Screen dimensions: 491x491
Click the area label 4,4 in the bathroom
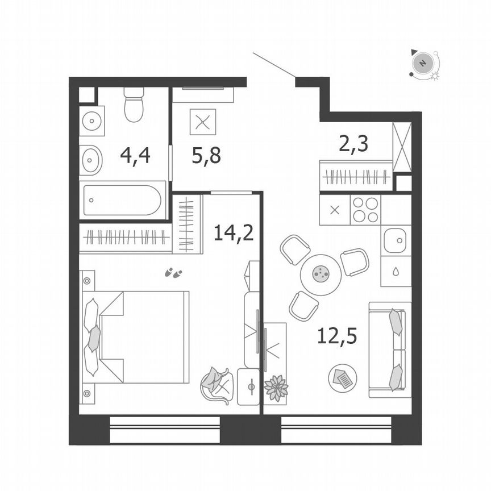tap(135, 155)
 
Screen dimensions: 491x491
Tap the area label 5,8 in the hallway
tap(206, 155)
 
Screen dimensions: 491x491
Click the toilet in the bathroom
tap(134, 105)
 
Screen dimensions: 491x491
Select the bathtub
tap(122, 200)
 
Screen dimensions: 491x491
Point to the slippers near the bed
tap(173, 273)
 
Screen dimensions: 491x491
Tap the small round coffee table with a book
tap(343, 377)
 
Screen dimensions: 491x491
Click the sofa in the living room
tap(390, 349)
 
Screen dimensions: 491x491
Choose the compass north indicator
tap(422, 63)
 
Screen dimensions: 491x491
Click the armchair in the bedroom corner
tap(216, 385)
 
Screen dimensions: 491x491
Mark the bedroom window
tap(165, 430)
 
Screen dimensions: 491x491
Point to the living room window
tap(336, 430)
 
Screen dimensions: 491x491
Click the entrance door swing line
tap(273, 65)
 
